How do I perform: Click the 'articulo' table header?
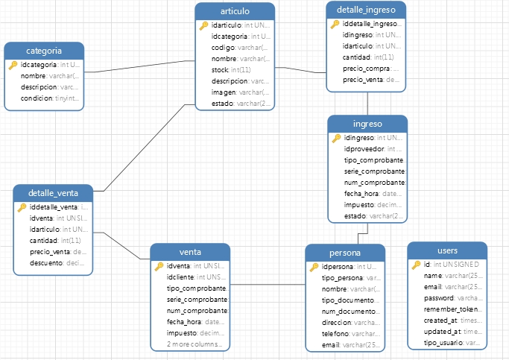(235, 11)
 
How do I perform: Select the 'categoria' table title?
(43, 51)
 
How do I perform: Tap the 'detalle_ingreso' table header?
(366, 10)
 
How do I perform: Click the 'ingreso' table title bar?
(367, 124)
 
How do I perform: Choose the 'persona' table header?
(344, 253)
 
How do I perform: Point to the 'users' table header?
(447, 250)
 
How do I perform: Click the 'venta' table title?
(190, 252)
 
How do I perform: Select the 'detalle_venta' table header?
(54, 193)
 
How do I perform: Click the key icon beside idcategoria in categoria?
(13, 65)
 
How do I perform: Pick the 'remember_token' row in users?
(449, 309)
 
